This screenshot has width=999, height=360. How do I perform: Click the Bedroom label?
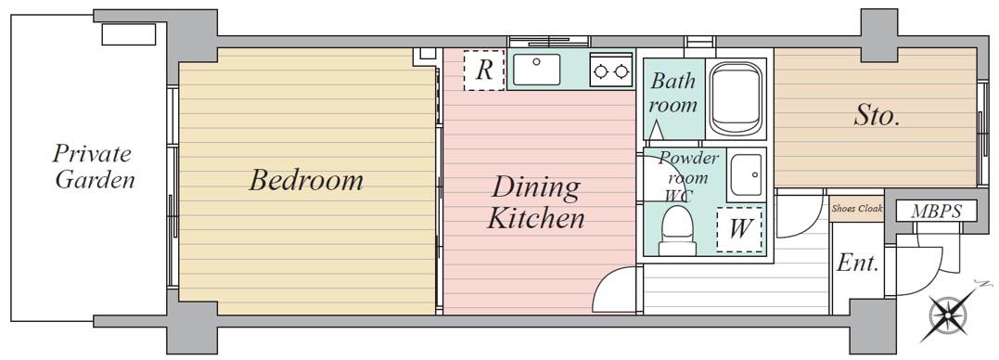pyautogui.click(x=306, y=180)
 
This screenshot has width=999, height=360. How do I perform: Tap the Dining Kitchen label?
pyautogui.click(x=536, y=203)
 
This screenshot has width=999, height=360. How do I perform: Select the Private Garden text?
pyautogui.click(x=95, y=167)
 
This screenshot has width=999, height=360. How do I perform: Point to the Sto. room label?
pyautogui.click(x=877, y=117)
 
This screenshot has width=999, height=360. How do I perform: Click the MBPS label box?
pyautogui.click(x=936, y=211)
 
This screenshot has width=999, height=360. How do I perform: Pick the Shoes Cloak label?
pyautogui.click(x=858, y=209)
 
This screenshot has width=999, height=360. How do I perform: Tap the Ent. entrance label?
pyautogui.click(x=858, y=263)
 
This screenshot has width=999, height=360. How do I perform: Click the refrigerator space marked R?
pyautogui.click(x=483, y=71)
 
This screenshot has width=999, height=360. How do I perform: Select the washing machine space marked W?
pyautogui.click(x=738, y=228)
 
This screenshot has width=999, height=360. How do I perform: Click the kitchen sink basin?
pyautogui.click(x=536, y=69)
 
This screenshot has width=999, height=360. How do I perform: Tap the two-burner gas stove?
pyautogui.click(x=610, y=71)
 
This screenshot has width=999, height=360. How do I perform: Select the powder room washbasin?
pyautogui.click(x=745, y=174)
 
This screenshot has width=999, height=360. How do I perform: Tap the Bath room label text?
pyautogui.click(x=672, y=93)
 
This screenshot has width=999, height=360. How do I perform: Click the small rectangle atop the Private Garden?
pyautogui.click(x=129, y=34)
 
